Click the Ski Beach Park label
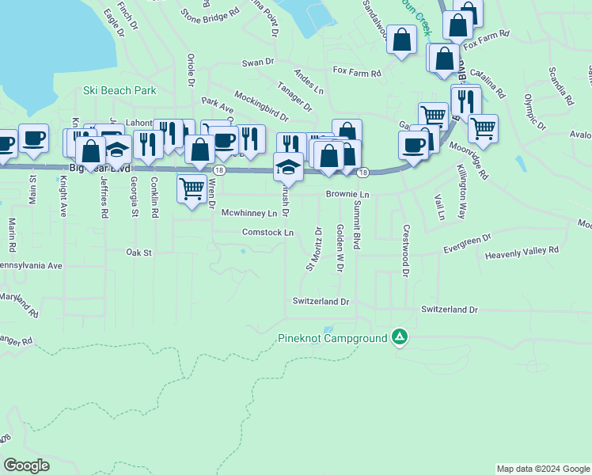click(120, 91)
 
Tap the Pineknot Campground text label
click(332, 339)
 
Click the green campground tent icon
click(400, 338)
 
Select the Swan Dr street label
click(257, 62)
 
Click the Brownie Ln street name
click(347, 194)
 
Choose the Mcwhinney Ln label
click(249, 213)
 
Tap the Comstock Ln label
click(268, 233)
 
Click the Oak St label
click(138, 253)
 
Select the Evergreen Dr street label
click(467, 242)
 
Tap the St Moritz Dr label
click(313, 249)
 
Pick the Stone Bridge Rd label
click(210, 14)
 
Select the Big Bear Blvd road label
click(99, 169)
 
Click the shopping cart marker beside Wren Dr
click(193, 189)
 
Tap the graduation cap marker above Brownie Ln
click(287, 167)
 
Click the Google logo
click(26, 465)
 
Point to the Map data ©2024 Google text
click(542, 469)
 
